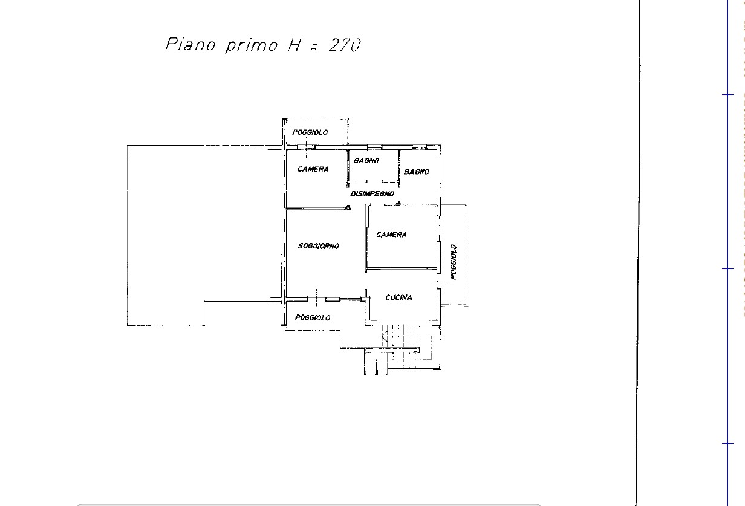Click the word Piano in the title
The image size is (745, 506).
[x=190, y=44]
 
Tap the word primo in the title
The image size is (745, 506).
[x=252, y=46]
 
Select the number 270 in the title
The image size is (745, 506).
[x=345, y=45]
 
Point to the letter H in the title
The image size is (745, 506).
[x=294, y=45]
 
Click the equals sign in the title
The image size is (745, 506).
[x=313, y=47]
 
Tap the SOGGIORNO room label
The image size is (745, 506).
[x=319, y=246]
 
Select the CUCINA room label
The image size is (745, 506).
[x=399, y=297]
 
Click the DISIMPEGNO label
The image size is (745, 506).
[x=372, y=193]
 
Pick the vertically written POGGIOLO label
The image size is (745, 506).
[x=454, y=262]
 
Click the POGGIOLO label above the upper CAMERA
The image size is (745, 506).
[x=310, y=132]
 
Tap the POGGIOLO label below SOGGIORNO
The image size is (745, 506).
[x=313, y=318]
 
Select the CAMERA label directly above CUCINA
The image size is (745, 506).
[x=391, y=235]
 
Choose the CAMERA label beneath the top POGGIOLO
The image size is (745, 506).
[x=313, y=169]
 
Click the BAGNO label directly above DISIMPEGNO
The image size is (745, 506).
[x=366, y=161]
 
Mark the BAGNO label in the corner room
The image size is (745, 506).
[x=417, y=172]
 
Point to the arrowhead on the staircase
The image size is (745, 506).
[x=385, y=337]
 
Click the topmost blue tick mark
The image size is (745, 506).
[x=727, y=95]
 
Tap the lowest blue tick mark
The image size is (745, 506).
[x=727, y=444]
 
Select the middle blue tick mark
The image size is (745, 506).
[x=727, y=268]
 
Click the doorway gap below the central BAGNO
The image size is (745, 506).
[x=374, y=182]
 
